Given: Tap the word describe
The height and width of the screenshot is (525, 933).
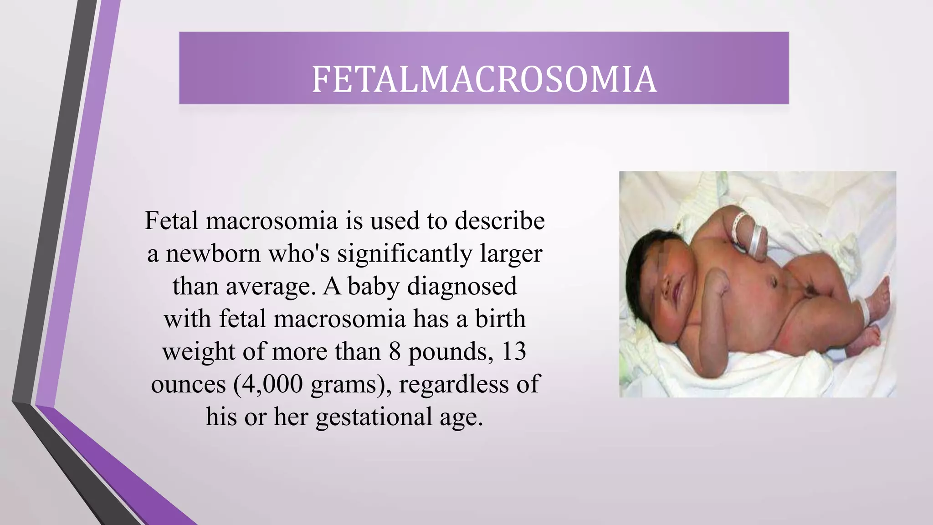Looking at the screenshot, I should click(500, 221).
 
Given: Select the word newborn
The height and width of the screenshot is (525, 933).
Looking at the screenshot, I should click(213, 254).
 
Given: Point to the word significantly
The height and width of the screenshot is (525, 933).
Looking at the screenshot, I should click(405, 254).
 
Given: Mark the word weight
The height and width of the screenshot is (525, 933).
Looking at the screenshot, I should click(199, 352).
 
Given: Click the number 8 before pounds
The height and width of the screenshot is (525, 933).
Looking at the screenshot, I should click(395, 351).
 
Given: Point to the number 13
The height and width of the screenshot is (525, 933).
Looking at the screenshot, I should click(514, 351).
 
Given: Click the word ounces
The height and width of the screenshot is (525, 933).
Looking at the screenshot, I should click(189, 384).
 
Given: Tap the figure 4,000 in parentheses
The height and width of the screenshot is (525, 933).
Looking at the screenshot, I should click(272, 384).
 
